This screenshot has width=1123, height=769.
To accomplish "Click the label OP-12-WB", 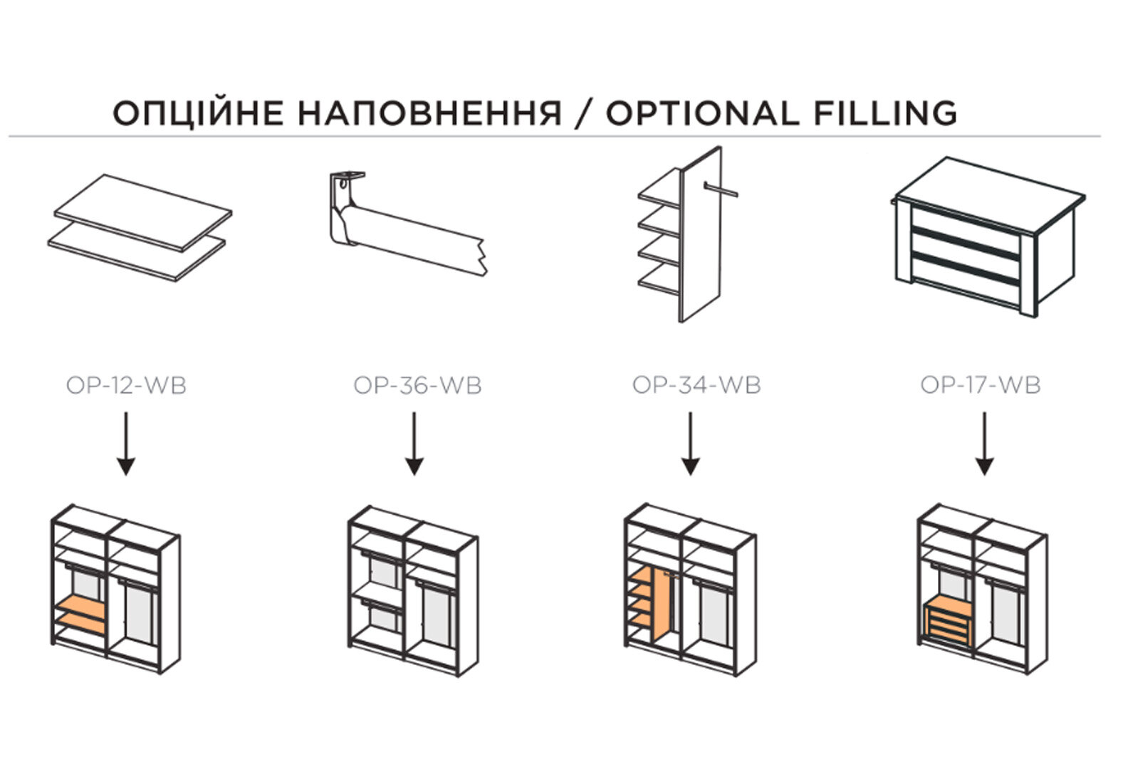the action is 126,385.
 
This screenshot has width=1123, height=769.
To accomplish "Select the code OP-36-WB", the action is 417,385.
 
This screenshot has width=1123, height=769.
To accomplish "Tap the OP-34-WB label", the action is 697,385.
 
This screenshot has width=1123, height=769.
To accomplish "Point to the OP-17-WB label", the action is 981,385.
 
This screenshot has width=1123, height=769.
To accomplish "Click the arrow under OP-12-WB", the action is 126,444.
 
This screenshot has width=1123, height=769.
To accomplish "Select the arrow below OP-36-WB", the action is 414,444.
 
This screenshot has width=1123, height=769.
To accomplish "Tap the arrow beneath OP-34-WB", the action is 690,444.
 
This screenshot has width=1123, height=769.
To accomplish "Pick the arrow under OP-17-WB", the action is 985,444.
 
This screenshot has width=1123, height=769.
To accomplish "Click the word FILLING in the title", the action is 885,113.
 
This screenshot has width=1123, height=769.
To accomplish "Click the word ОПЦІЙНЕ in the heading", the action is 198,113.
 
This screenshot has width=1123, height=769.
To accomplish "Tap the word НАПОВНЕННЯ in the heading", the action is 430,113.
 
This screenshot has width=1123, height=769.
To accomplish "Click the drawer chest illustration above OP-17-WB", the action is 988,236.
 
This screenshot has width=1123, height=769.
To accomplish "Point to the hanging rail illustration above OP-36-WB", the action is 408,224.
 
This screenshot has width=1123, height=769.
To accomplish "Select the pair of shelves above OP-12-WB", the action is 140,228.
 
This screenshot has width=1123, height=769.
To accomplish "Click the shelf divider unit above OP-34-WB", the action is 688,234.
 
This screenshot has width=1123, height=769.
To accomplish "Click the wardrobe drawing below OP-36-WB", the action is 414,591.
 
